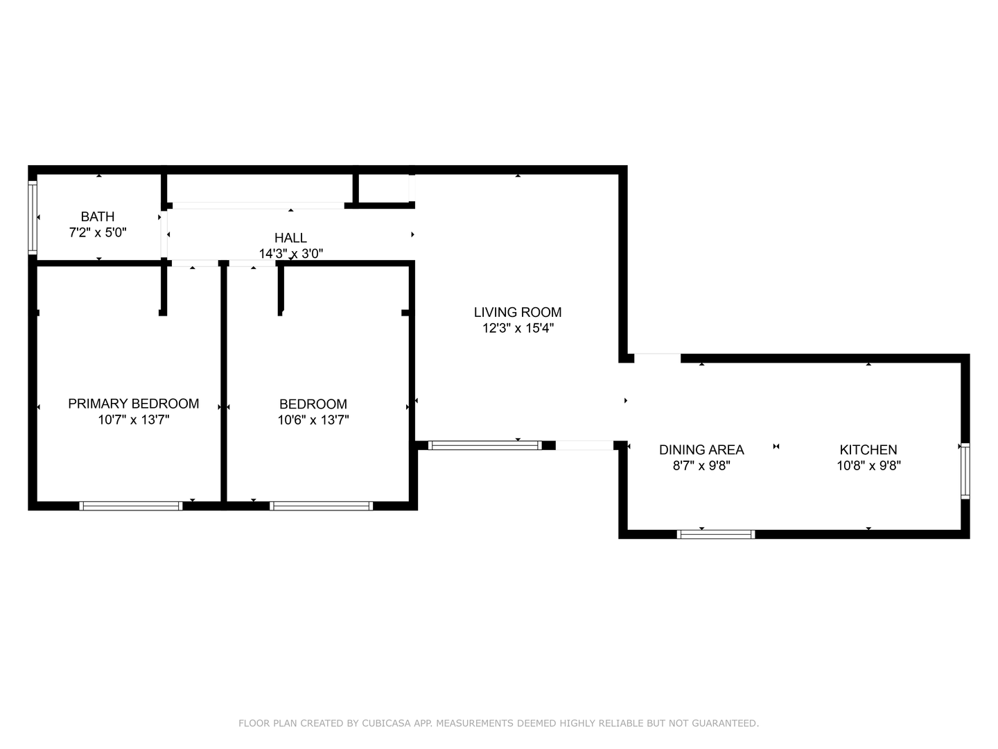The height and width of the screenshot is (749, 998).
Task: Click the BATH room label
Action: click(98, 216)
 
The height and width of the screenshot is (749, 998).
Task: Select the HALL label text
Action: click(290, 238)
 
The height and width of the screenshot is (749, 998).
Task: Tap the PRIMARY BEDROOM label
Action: click(133, 404)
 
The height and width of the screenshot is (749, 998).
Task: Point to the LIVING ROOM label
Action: click(518, 312)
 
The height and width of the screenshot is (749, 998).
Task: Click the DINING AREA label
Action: click(701, 449)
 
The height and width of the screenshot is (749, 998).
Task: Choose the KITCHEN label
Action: click(868, 449)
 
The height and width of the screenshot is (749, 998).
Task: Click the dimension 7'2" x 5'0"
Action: click(98, 233)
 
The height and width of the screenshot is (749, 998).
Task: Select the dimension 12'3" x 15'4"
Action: click(518, 328)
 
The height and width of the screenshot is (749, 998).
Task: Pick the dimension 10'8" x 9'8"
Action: click(868, 465)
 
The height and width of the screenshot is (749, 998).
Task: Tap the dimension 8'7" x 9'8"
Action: click(701, 465)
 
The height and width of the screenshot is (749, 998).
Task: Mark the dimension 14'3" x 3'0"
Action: click(290, 254)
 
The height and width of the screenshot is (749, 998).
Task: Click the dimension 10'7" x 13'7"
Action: click(133, 420)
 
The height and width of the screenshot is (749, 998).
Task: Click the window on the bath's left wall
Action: click(32, 217)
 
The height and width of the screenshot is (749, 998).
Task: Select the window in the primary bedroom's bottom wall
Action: click(131, 506)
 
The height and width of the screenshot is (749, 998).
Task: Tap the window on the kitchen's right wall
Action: click(965, 471)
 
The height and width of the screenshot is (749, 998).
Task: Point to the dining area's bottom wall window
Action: click(715, 534)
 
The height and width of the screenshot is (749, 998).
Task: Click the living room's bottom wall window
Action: click(484, 445)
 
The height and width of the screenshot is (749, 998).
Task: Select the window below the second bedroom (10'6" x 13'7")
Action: click(321, 506)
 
